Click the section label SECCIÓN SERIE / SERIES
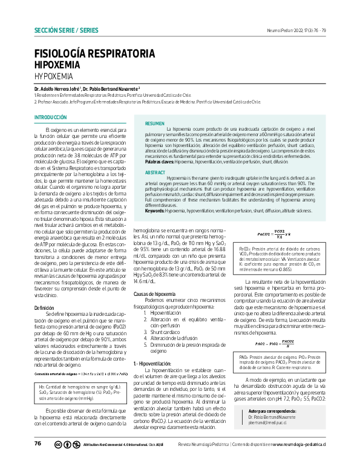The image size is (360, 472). click(x=66, y=30)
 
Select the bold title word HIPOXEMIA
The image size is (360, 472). click(x=60, y=65)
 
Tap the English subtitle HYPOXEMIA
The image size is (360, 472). click(x=53, y=77)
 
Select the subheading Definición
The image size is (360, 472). click(x=45, y=308)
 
